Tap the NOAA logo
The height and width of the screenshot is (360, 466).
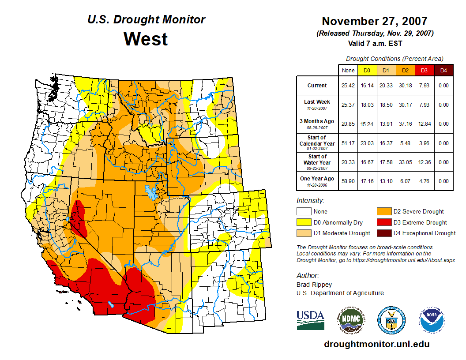click(x=432, y=320)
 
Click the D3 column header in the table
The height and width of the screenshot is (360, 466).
click(x=424, y=70)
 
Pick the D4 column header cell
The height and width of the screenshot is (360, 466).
click(x=443, y=70)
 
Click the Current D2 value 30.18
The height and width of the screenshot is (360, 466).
click(x=406, y=86)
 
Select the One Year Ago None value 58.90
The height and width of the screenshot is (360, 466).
click(x=348, y=181)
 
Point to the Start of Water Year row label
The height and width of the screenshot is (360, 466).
click(x=317, y=160)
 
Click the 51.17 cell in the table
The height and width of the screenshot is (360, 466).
click(x=348, y=143)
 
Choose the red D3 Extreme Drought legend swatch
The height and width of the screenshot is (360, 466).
click(x=383, y=222)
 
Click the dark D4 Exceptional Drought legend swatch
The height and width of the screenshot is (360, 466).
click(x=383, y=233)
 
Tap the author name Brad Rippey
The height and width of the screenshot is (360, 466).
click(x=314, y=285)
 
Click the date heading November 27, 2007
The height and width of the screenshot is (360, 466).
click(x=374, y=21)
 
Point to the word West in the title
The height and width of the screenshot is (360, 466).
click(x=146, y=39)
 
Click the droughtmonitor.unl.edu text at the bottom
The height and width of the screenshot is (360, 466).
click(x=376, y=344)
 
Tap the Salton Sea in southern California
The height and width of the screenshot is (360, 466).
click(x=110, y=304)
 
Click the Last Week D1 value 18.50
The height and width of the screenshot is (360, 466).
click(x=386, y=105)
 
